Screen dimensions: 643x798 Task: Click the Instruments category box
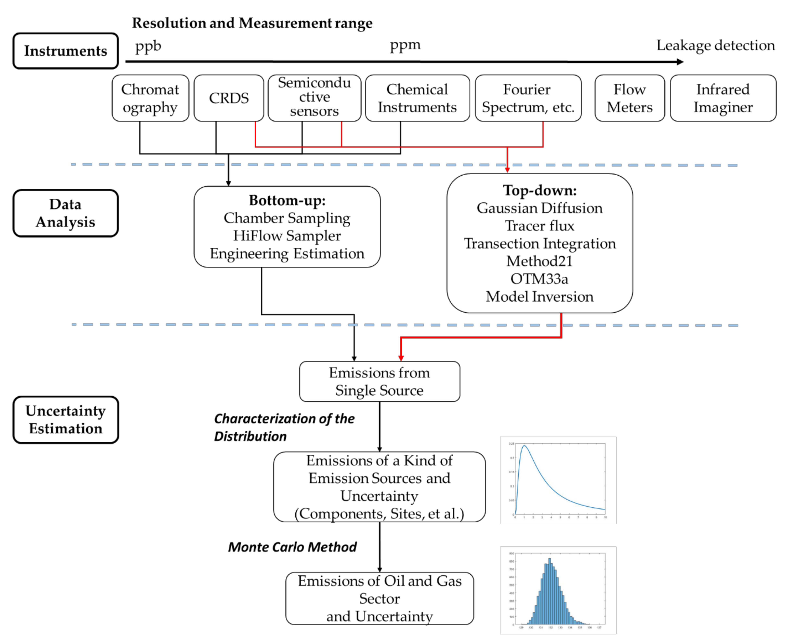[66, 51]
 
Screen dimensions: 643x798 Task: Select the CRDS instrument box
[229, 98]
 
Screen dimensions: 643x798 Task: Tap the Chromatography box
[150, 98]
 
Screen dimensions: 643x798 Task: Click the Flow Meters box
[629, 98]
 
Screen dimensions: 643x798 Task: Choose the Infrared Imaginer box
[723, 98]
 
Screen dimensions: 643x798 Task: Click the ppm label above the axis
[405, 45]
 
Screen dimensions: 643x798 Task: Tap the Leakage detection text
[715, 45]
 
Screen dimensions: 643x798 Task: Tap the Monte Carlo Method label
[292, 547]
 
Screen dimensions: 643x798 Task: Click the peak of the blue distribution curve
[525, 446]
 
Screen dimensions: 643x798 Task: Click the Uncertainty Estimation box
[66, 420]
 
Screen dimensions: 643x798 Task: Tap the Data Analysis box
[66, 213]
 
